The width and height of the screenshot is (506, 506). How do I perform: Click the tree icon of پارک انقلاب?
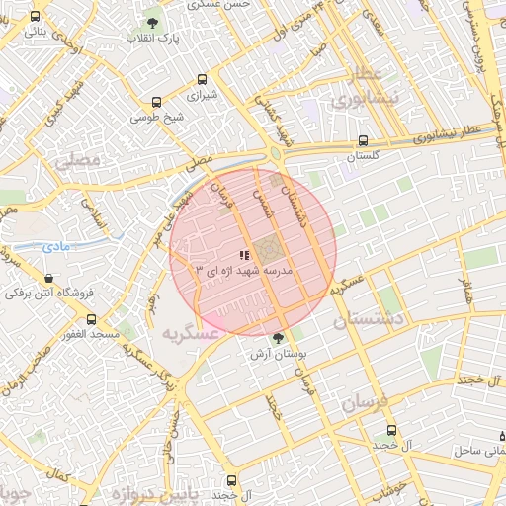(152, 22)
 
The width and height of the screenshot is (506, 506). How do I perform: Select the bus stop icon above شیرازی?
(203, 80)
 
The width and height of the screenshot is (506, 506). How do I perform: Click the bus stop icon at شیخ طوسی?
(156, 101)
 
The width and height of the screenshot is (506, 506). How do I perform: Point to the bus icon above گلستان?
(364, 140)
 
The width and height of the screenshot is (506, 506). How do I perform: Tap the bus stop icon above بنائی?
(37, 16)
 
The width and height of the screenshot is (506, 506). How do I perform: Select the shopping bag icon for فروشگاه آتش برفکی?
(50, 278)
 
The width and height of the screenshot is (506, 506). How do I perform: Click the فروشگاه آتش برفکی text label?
(41, 295)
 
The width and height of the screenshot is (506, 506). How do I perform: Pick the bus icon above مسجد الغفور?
(92, 319)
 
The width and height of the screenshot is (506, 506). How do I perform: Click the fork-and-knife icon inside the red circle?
(244, 255)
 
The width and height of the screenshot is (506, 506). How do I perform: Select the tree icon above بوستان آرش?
(278, 338)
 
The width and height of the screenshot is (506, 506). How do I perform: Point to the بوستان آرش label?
(278, 353)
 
